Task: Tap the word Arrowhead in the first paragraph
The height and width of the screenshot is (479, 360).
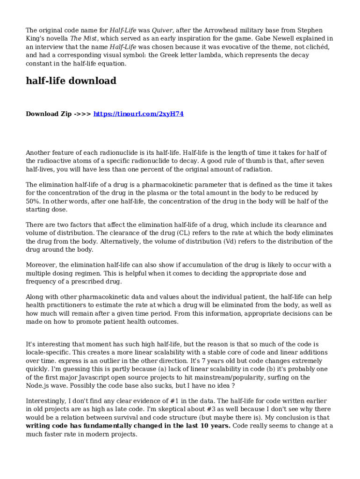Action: pos(216,30)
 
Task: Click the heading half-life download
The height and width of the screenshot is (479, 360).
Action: pos(71,81)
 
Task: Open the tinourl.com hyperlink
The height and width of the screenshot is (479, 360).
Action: pos(138,114)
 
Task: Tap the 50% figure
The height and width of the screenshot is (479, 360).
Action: pos(33,202)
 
